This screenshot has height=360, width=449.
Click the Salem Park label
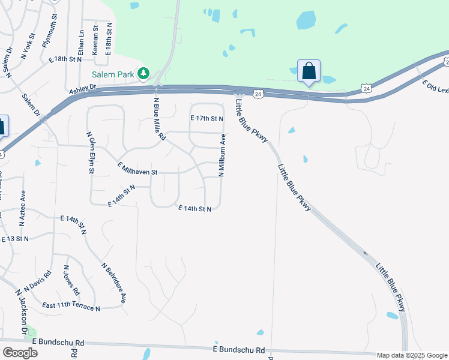(x=112, y=74)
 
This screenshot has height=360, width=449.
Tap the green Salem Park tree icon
(x=143, y=74)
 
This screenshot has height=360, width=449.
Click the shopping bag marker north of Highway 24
(x=309, y=71)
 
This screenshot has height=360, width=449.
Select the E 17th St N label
(x=207, y=119)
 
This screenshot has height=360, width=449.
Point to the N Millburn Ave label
(x=222, y=155)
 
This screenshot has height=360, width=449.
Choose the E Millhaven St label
(x=137, y=169)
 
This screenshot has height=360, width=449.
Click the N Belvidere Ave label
(x=114, y=281)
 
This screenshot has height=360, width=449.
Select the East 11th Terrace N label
(x=71, y=306)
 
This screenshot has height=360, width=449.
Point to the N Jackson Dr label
(x=22, y=313)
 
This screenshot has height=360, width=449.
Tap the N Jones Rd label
(x=71, y=280)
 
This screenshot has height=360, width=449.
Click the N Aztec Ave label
(x=23, y=207)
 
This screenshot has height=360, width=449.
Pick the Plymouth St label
(x=49, y=36)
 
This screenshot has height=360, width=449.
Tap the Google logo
(x=20, y=353)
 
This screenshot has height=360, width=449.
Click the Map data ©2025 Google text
(x=412, y=355)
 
